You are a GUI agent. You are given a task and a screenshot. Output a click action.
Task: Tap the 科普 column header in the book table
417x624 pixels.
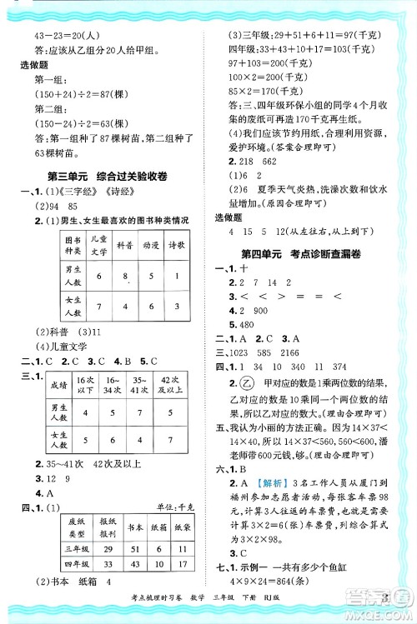coord(123,247)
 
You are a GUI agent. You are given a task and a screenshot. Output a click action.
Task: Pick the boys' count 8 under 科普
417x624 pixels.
coord(123,277)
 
